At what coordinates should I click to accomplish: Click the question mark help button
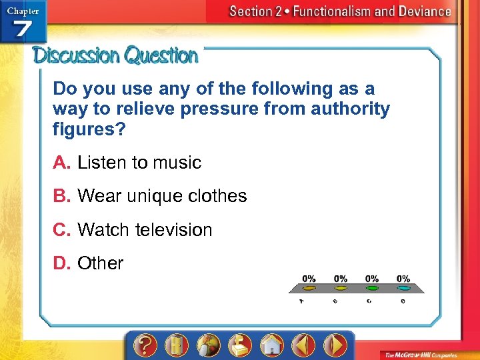tap(145, 345)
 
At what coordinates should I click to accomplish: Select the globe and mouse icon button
tap(208, 345)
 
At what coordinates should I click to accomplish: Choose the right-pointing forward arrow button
tap(335, 345)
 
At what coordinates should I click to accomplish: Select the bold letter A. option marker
tap(63, 163)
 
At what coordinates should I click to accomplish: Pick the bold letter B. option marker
tap(63, 196)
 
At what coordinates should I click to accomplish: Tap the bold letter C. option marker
tap(63, 230)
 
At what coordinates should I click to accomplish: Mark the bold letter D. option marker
tap(63, 263)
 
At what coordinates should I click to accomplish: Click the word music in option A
tap(176, 163)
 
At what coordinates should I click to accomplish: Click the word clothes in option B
tap(218, 196)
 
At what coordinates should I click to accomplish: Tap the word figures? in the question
tap(89, 129)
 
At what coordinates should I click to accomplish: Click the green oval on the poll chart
tap(372, 289)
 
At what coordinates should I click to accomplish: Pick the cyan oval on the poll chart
tap(403, 289)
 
